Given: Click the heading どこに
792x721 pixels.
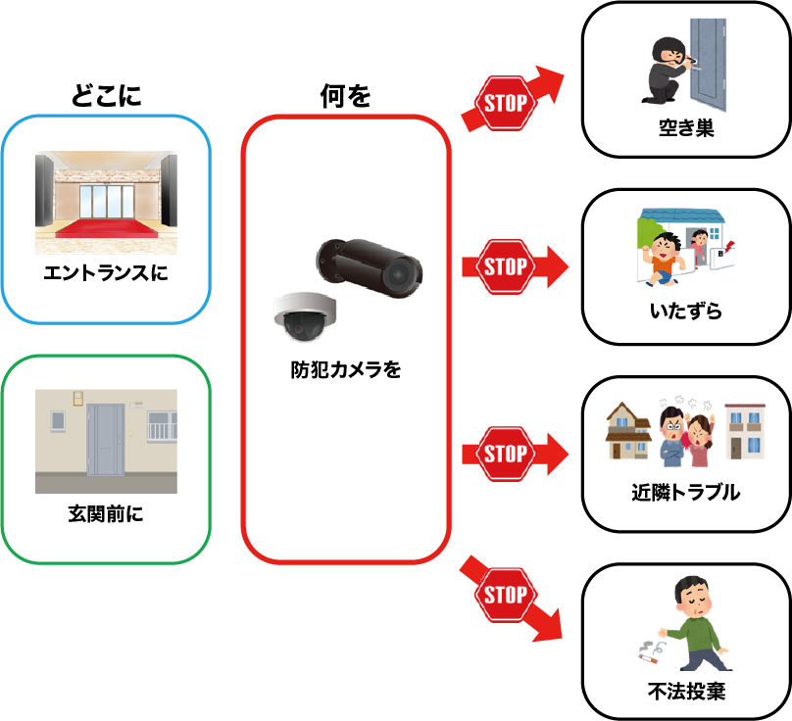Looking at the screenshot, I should [106, 95].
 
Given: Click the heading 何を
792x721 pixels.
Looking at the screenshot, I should [345, 95].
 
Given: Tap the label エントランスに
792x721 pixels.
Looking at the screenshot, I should [106, 272].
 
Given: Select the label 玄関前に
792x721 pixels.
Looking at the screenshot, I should [106, 513].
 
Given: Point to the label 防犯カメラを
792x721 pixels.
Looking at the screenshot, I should [345, 370].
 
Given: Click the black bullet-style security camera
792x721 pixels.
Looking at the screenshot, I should [370, 264].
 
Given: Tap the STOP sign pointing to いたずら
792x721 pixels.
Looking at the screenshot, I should [505, 266].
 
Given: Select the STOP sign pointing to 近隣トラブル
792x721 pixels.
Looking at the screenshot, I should [505, 455].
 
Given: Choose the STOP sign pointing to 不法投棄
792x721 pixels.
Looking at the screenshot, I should [505, 595].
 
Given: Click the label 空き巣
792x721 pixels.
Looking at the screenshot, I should [685, 126].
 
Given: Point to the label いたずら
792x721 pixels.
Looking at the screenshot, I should [685, 312].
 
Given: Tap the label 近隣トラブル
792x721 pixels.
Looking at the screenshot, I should [685, 493].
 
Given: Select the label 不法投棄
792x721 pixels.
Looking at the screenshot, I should [685, 692].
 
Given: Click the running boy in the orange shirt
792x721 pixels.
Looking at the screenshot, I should [667, 257].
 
